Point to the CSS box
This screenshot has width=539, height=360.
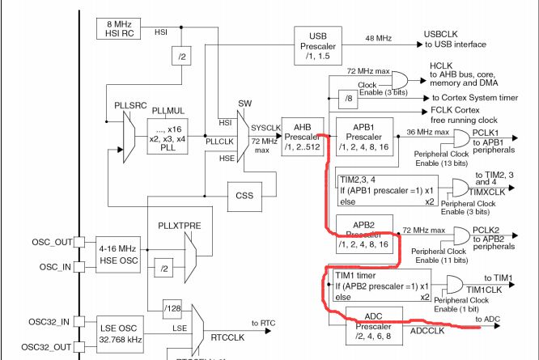click(x=244, y=195)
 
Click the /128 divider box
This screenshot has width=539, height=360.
click(x=172, y=307)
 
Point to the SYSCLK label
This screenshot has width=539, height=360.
click(x=265, y=128)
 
